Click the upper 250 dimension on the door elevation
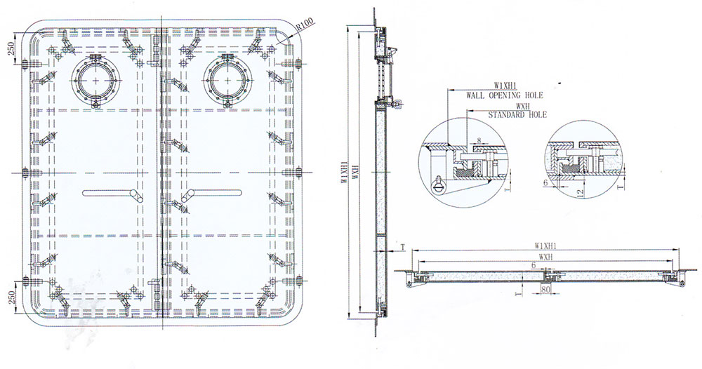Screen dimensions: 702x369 pyautogui.click(x=12, y=46)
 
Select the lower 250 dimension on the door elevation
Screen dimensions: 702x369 pyautogui.click(x=12, y=297)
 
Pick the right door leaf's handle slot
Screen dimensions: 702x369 pyautogui.click(x=212, y=193)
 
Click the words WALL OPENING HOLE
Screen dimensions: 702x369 pyautogui.click(x=505, y=95)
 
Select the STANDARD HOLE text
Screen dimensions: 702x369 pyautogui.click(x=517, y=115)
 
